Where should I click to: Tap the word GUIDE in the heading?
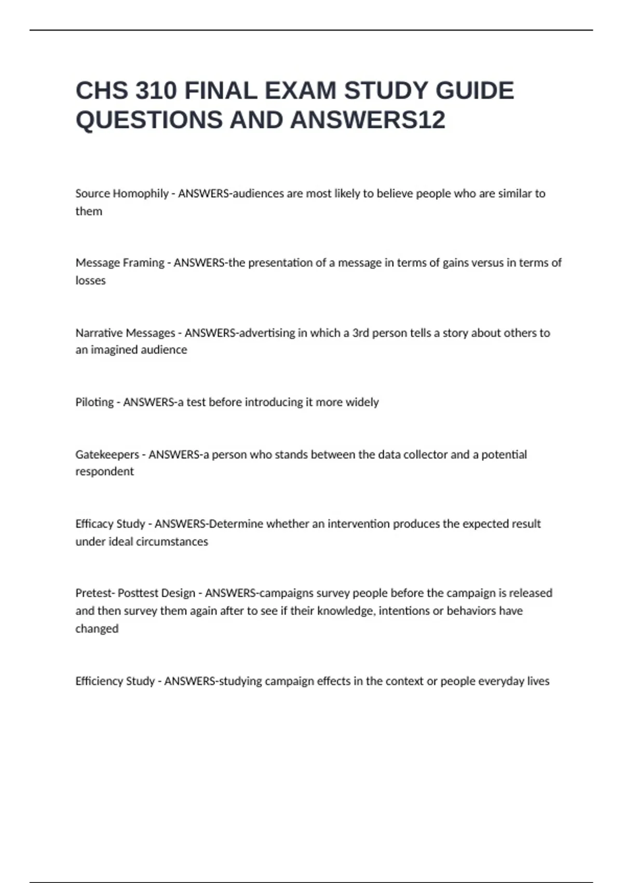(x=475, y=91)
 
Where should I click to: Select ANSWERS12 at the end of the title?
(x=368, y=120)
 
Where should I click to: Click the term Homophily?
(x=141, y=194)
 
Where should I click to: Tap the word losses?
(x=90, y=280)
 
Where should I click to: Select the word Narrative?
(x=99, y=333)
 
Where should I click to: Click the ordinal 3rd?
(x=360, y=333)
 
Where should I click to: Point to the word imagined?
(x=113, y=350)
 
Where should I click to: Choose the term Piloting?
(x=94, y=402)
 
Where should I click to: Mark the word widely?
(x=362, y=402)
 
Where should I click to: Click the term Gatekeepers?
(x=107, y=454)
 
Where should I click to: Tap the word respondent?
(x=104, y=472)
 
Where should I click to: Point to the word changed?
(x=97, y=628)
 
